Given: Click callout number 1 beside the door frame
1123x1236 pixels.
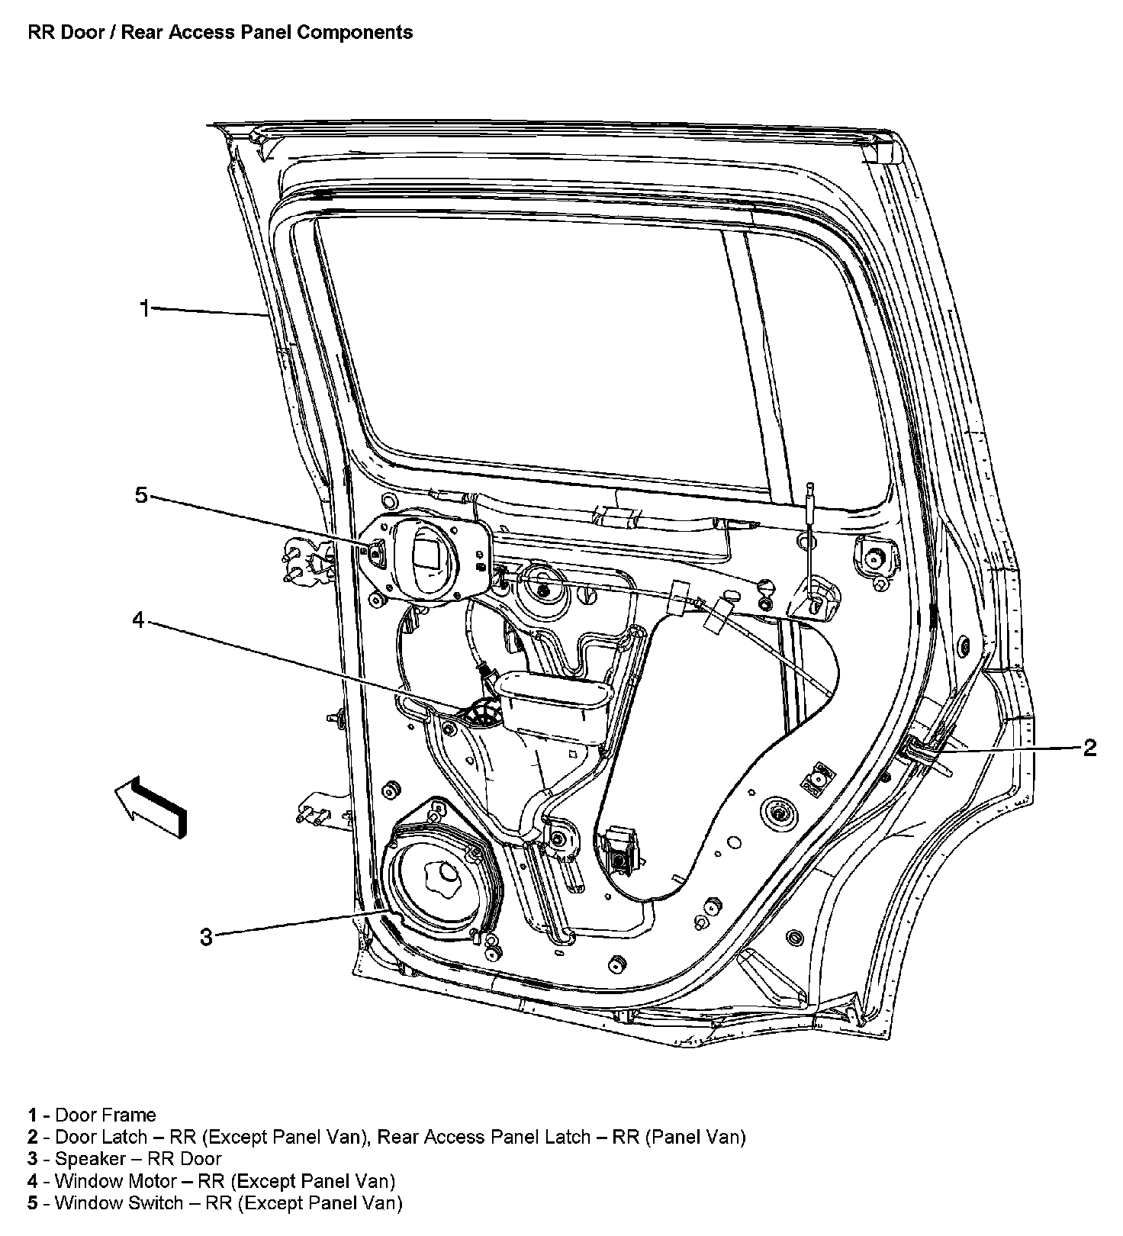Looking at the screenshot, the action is pyautogui.click(x=144, y=309).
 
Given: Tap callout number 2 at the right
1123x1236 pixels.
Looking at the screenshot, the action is pyautogui.click(x=1089, y=748).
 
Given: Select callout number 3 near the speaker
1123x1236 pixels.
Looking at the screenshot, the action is pyautogui.click(x=205, y=936).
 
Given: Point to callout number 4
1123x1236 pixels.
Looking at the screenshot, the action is pyautogui.click(x=138, y=620).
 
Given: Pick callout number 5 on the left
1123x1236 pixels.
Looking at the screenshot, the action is pyautogui.click(x=140, y=495).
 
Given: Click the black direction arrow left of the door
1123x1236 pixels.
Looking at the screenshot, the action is pyautogui.click(x=152, y=806).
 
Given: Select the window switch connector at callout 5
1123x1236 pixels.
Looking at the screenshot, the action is pyautogui.click(x=378, y=554).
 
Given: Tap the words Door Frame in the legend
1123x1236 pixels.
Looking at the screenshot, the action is pyautogui.click(x=105, y=1115).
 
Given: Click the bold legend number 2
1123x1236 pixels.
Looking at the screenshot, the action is pyautogui.click(x=33, y=1137).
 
